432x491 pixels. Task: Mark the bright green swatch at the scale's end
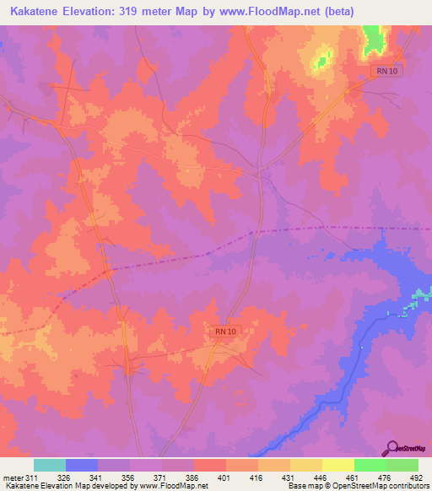pyautogui.click(x=402, y=465)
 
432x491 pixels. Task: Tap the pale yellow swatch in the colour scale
pyautogui.click(x=338, y=465)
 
